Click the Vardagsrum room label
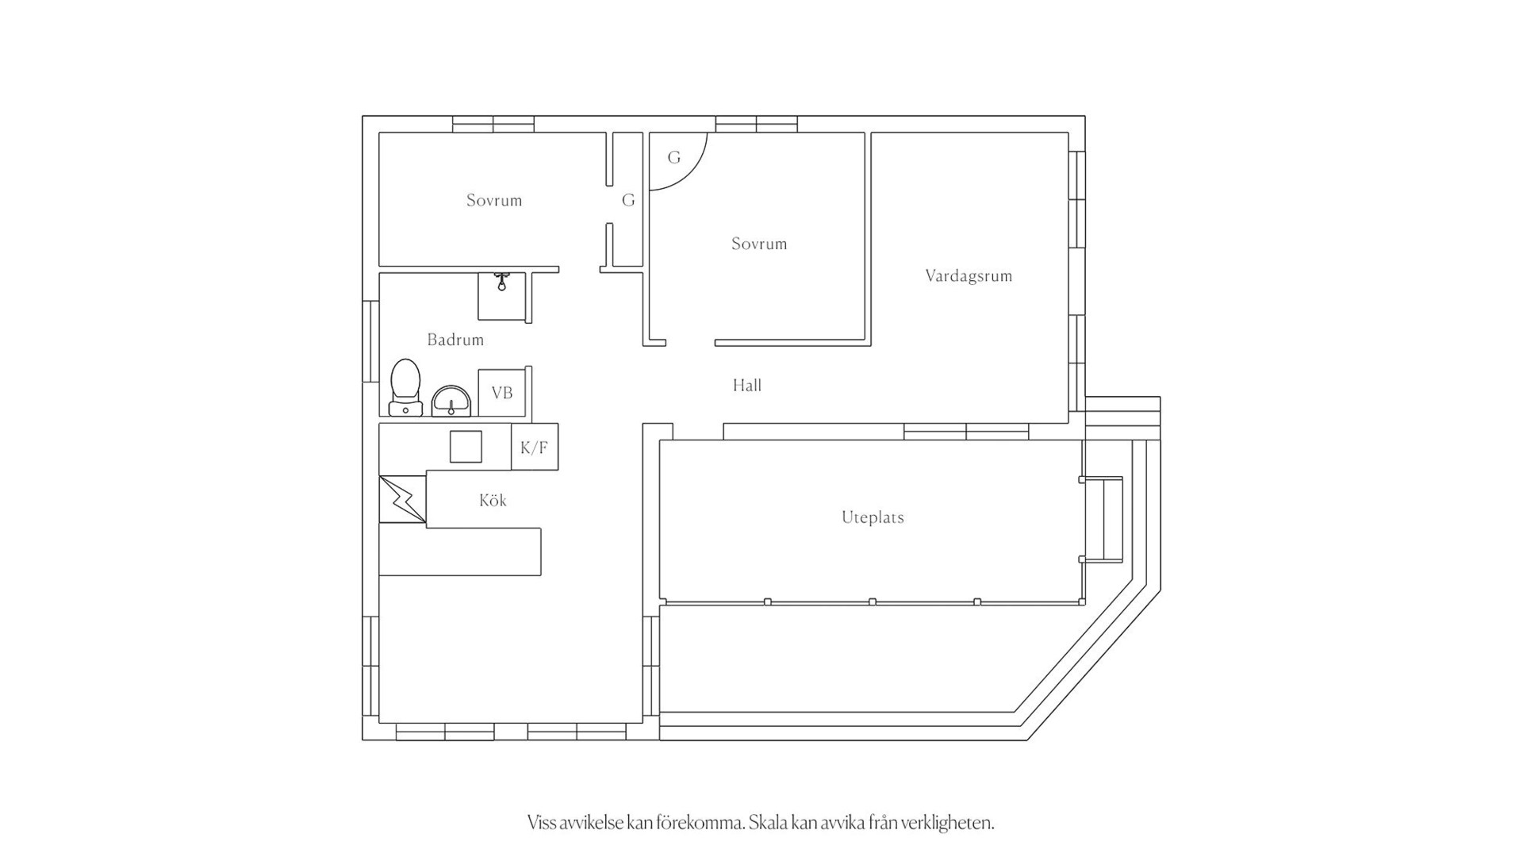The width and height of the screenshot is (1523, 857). pos(969,276)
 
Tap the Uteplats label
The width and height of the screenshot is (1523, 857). pos(873,517)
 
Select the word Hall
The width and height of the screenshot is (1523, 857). pos(747,386)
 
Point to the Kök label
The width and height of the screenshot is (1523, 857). pos(493,500)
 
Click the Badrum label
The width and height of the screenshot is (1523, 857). pos(455,340)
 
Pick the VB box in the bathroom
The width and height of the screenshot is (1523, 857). pos(502,393)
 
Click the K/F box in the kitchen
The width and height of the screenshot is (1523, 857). pos(535,448)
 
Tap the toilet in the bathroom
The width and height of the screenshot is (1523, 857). pos(405,387)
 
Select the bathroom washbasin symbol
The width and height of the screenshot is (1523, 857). pos(451,402)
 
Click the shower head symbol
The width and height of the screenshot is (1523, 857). pos(501,281)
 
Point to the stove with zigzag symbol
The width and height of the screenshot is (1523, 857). pos(403,499)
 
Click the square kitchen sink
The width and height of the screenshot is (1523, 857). pos(466,447)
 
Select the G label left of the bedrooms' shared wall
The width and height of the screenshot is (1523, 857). pos(628,200)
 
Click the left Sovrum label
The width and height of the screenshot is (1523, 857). pos(494,200)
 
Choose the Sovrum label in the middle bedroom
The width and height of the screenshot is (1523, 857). pos(759,244)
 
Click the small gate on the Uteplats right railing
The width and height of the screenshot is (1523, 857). pos(1103,520)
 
